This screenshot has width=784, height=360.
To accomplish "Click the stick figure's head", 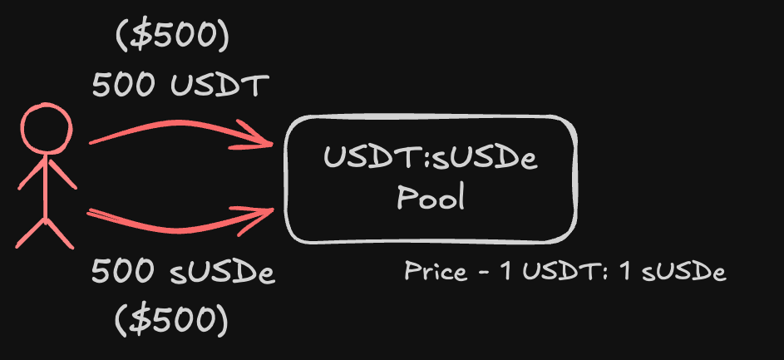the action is coord(47,129).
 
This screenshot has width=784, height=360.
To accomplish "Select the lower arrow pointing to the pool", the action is coord(181,221).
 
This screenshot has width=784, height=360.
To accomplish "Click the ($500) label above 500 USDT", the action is coord(172,38).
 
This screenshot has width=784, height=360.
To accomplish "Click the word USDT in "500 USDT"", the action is coord(216,86).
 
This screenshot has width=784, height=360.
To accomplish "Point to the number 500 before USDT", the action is coord(123,86).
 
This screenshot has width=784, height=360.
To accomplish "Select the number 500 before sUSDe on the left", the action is coord(123,273).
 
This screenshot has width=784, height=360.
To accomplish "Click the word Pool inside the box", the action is coord(431,197).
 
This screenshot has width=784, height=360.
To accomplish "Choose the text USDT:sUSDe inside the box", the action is coord(431,158).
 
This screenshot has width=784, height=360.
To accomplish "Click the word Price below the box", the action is coord(435,272).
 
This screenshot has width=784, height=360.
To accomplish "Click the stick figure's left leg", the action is coord(31,233).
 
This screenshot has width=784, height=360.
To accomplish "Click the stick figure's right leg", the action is coord(60,233).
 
